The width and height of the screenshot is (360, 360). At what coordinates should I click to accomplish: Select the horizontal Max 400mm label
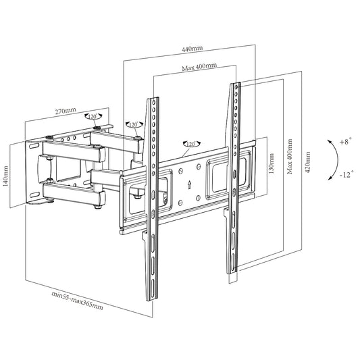click(x=199, y=67)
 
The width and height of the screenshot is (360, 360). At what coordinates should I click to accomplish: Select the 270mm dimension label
click(x=66, y=109)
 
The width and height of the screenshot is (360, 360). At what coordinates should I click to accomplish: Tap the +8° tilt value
click(x=346, y=143)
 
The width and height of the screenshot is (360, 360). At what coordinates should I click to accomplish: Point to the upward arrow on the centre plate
click(x=189, y=184)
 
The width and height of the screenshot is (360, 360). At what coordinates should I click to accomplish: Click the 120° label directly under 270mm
click(x=93, y=117)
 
